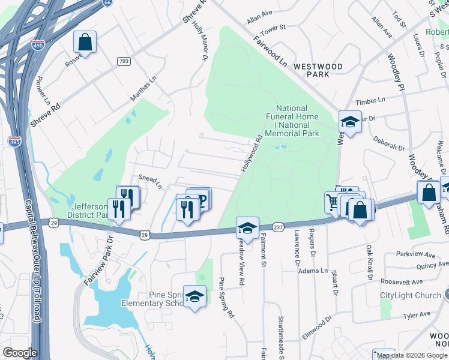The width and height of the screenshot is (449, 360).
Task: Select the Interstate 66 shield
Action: click(107, 2)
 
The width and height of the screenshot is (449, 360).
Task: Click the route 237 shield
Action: click(277, 227)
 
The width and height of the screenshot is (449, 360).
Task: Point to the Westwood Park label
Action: click(318, 70)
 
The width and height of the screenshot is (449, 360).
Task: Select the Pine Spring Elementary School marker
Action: click(194, 296)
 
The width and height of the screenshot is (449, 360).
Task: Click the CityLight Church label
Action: click(411, 295)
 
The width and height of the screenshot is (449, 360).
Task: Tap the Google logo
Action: click(20, 353)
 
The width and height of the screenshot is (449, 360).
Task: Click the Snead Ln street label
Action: click(151, 181)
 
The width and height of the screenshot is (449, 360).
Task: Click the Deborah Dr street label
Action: click(388, 146)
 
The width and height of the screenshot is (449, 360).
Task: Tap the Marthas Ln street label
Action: click(143, 89)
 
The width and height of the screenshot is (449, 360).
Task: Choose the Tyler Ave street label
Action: click(417, 314)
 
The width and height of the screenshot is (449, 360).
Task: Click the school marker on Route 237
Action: click(247, 228)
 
